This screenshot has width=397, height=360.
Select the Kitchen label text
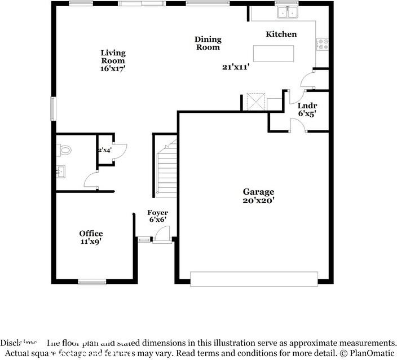point(281,34)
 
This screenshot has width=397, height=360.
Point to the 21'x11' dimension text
point(236,67)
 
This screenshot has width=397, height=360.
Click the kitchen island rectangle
point(274,53)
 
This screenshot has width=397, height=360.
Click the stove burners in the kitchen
point(323,44)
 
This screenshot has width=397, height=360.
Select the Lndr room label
point(307,106)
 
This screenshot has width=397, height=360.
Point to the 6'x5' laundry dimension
point(307,113)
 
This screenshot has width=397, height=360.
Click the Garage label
point(258,192)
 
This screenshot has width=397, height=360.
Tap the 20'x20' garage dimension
point(258,200)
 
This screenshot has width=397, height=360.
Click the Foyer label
point(157,213)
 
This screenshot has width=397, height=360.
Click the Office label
point(91,234)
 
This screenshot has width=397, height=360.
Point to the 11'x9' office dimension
point(91,242)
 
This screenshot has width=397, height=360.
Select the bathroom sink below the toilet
point(61,170)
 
